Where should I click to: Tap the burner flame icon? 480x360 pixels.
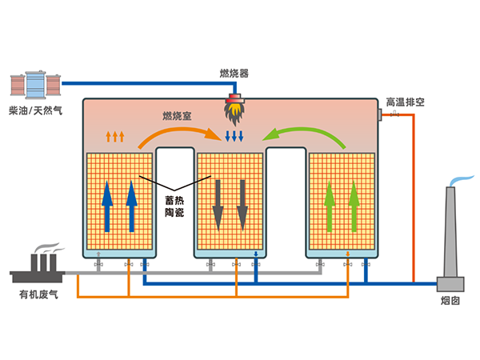(235, 106)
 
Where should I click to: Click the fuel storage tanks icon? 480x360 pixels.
(34, 84)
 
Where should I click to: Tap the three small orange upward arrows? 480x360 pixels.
(116, 136)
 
